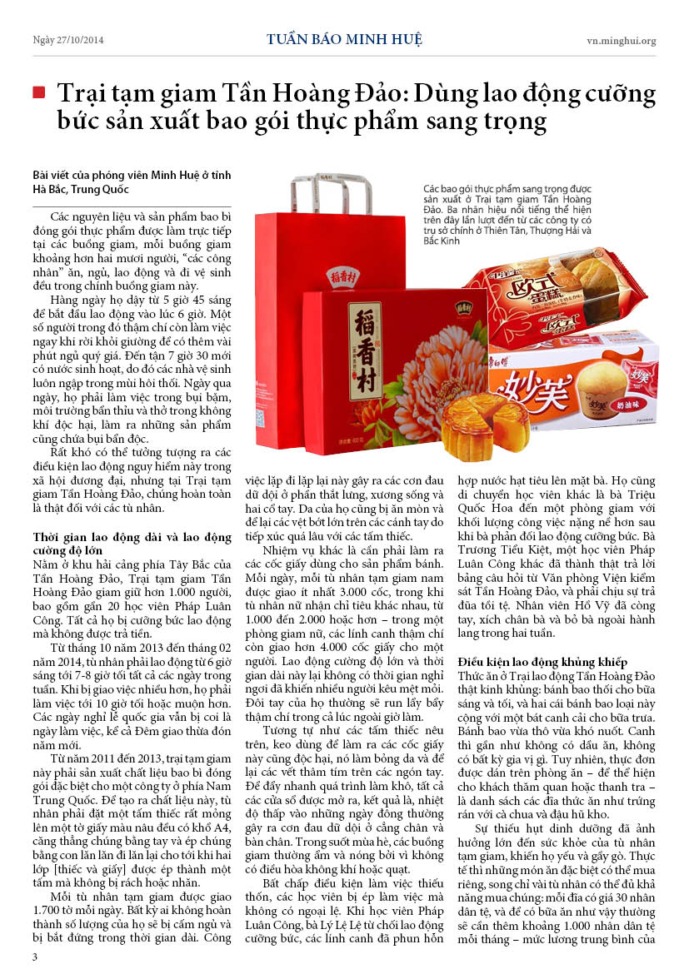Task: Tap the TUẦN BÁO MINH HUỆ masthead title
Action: point(344,39)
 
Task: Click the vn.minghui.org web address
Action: point(621,40)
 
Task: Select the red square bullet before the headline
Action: point(38,92)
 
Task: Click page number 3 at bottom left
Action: point(34,957)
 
